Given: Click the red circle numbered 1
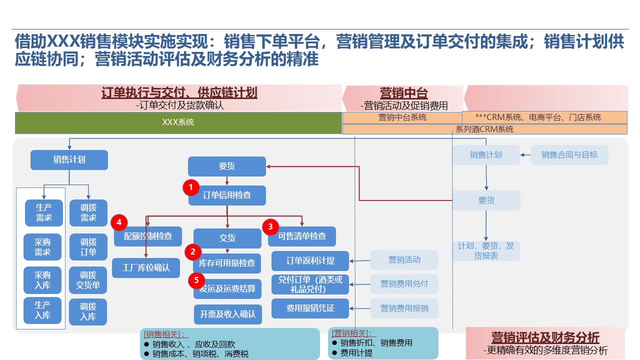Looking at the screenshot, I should coord(191,187).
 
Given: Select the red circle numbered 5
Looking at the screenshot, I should coord(196,280).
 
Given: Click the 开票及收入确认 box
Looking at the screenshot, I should coord(227,314).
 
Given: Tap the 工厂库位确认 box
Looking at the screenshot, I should coord(146,268).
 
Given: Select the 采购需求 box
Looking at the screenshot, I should coord(42,247).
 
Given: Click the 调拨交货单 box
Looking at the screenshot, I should coord(88,280).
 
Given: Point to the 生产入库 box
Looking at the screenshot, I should coord(42,310).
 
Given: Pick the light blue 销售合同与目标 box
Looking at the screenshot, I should coord(569,155).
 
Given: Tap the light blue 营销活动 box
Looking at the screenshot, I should coord(404,260).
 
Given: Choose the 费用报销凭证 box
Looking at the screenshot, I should coord(310,308).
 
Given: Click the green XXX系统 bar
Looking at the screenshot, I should coord(178,122).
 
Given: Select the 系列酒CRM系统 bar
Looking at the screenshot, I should coord(484,129).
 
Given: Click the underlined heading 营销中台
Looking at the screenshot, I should coord(403,93).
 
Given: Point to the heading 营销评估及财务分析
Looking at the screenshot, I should coord(545,337).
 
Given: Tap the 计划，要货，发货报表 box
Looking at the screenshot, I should coord(486,251).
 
